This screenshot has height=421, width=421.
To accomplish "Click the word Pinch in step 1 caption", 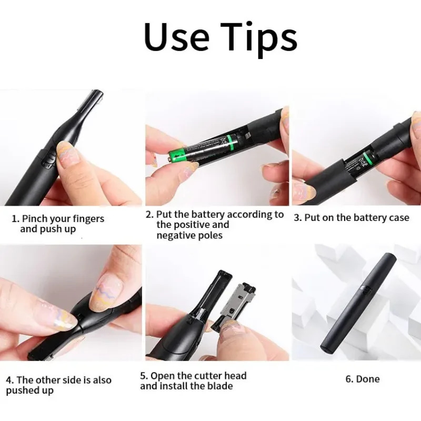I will [x=37, y=219].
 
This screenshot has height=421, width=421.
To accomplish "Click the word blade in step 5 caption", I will [x=220, y=386].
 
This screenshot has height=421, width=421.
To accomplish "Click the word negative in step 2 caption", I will [x=174, y=235].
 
